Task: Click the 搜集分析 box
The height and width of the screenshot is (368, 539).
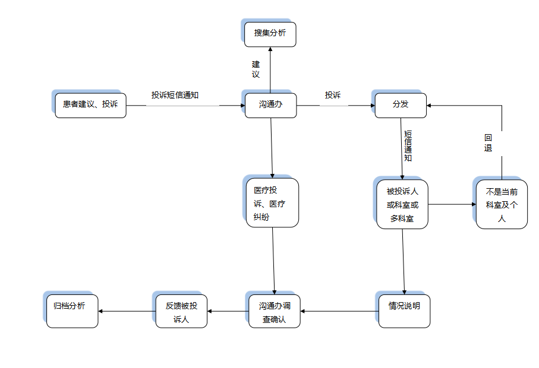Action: click(x=270, y=34)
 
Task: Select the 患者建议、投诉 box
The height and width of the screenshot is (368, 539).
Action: click(x=90, y=105)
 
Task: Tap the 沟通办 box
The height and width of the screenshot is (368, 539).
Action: click(x=270, y=105)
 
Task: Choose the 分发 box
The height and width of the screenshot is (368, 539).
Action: click(x=401, y=105)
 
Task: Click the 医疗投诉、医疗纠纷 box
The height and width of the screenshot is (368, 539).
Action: click(x=272, y=203)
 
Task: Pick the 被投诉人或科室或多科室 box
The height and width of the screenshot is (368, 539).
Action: click(x=402, y=205)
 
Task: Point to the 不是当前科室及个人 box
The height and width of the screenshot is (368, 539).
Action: click(x=502, y=205)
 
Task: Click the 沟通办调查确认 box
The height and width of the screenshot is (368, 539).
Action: click(x=275, y=311)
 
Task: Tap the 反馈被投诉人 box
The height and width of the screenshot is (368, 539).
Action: click(x=181, y=311)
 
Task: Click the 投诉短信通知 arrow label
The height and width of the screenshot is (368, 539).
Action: click(x=174, y=95)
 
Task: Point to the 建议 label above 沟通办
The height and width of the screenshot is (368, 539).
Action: click(x=256, y=69)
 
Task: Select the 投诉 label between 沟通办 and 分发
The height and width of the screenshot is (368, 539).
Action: click(x=333, y=95)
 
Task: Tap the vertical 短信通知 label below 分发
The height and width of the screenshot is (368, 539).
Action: click(x=408, y=146)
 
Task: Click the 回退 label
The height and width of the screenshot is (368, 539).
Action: click(x=488, y=143)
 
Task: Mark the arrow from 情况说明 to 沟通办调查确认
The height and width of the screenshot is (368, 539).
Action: click(x=340, y=311)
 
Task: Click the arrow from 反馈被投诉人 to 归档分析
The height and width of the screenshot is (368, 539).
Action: click(x=127, y=311)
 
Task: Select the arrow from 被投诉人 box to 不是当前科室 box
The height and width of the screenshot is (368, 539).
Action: click(x=452, y=204)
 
